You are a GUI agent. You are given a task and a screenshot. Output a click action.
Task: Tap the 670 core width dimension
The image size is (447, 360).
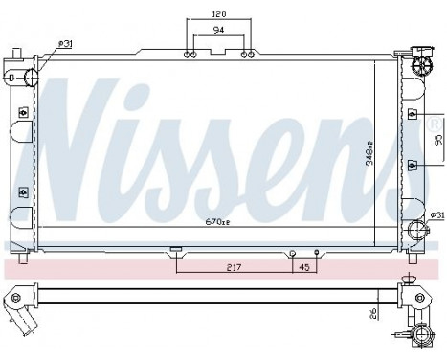[218, 221]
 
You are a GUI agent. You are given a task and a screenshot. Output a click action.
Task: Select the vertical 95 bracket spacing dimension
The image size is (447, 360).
[437, 139]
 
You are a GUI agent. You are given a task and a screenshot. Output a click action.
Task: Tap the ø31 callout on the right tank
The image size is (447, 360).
[436, 214]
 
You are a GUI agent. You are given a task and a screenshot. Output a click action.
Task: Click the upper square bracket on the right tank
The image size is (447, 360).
[412, 115]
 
